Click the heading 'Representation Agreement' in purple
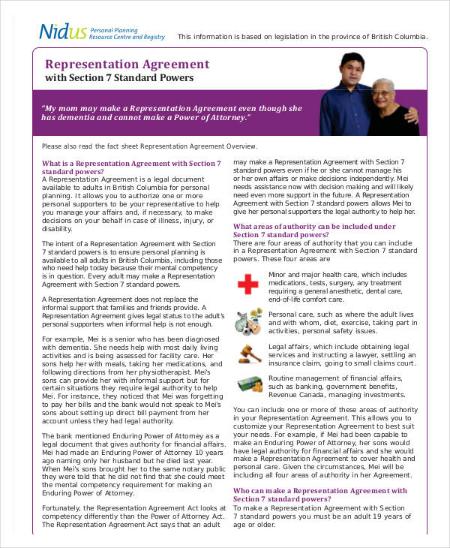[127, 65]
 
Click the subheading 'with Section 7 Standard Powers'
[119, 78]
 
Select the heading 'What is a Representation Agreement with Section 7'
[131, 163]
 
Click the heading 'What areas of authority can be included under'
[313, 226]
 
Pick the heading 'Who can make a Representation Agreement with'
[319, 491]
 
